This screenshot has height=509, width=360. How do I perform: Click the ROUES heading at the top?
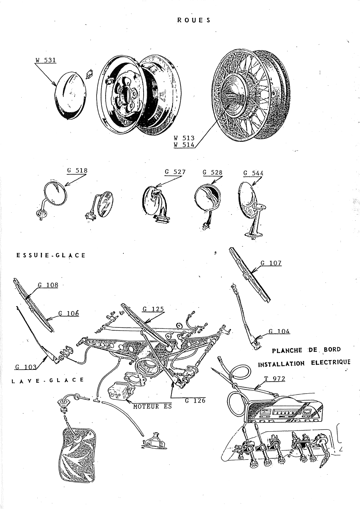[194, 20]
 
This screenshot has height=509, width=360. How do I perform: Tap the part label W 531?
[46, 60]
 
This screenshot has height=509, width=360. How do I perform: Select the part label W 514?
[184, 145]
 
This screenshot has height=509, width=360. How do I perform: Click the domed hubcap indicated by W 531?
[71, 96]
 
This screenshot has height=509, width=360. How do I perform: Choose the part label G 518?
[77, 170]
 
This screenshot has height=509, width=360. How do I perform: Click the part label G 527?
[175, 172]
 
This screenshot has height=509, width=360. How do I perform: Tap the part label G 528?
[212, 173]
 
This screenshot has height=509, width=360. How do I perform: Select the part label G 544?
[253, 173]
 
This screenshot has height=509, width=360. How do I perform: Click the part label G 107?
[271, 263]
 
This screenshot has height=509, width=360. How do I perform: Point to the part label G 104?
[279, 331]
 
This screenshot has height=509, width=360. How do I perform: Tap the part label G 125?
[153, 309]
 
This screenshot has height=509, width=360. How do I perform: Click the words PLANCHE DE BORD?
[306, 350]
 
